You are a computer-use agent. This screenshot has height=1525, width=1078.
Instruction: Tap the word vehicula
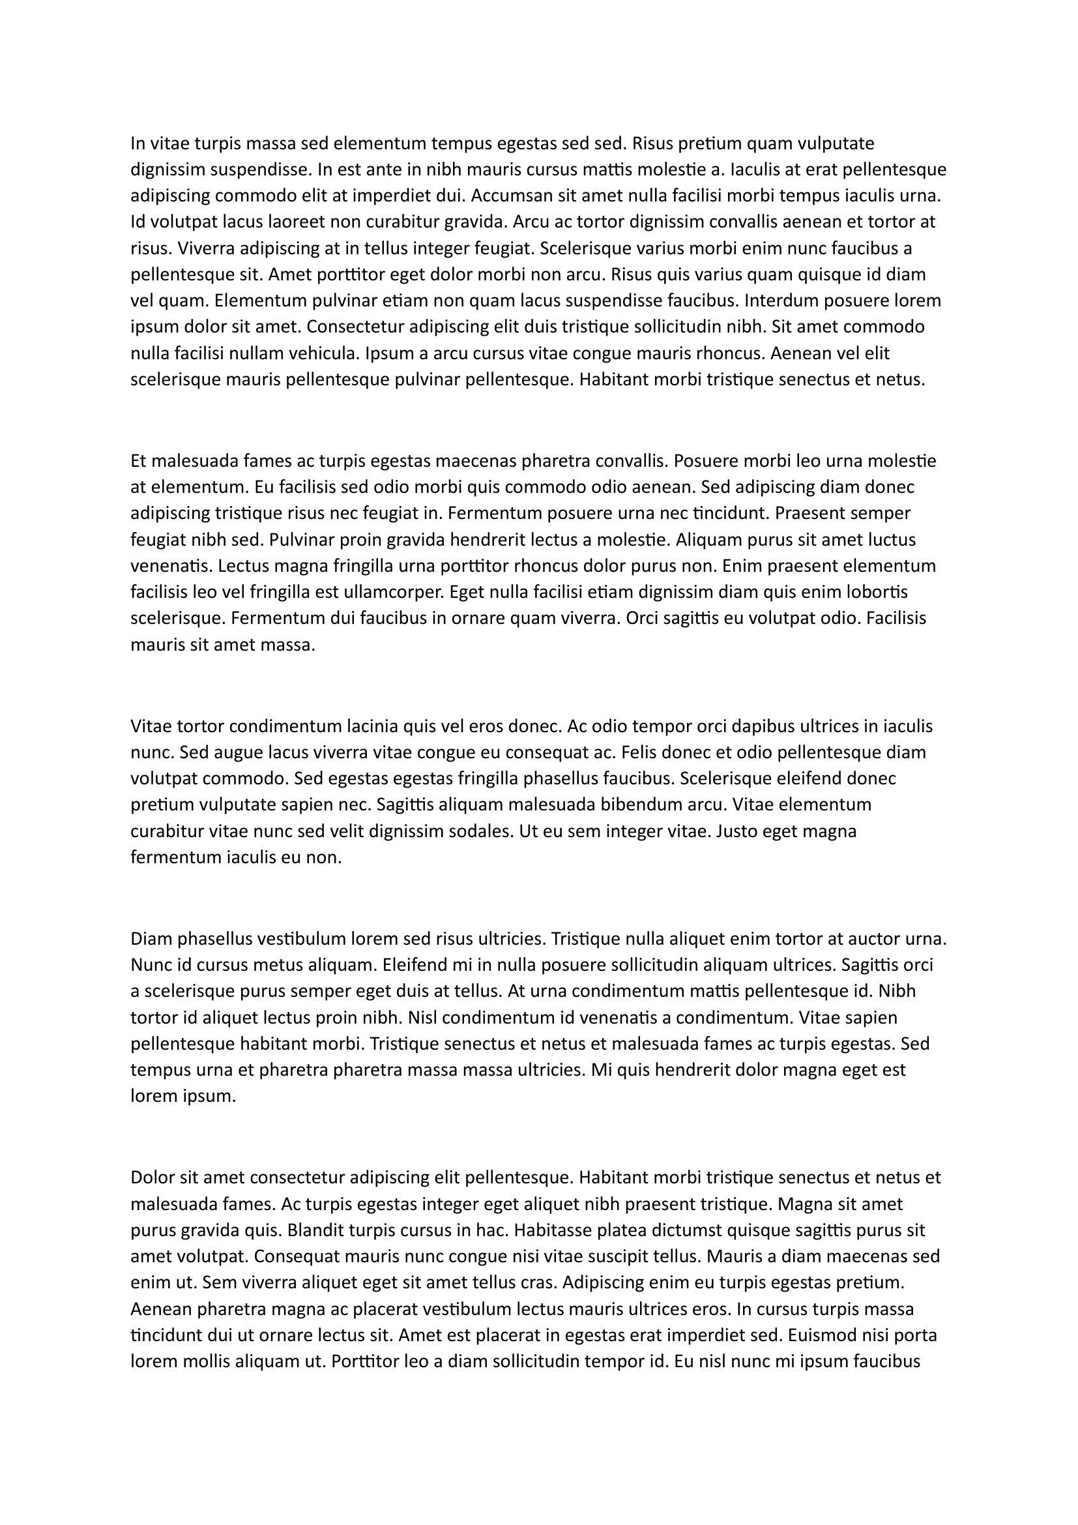coord(325,353)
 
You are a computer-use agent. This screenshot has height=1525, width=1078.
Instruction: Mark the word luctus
coord(889,539)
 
